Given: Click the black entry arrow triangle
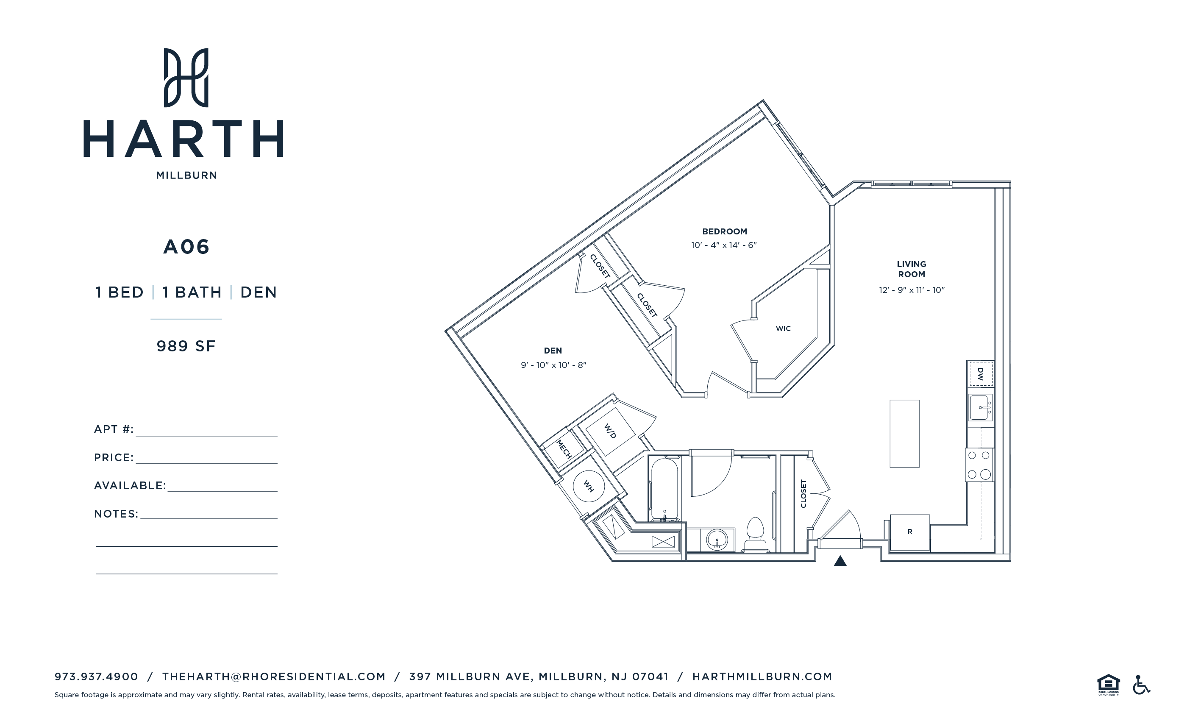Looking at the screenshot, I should (840, 561).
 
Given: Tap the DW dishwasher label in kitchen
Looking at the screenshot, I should (980, 373).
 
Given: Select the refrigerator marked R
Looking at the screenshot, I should (909, 532).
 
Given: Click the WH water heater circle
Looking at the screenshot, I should (588, 486).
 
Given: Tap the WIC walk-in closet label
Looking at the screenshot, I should (783, 328).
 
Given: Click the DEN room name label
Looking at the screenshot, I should (553, 351).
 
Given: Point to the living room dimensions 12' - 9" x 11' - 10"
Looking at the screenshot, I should (912, 290).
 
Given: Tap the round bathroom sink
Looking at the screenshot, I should (717, 539).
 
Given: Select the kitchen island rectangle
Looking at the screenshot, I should (904, 433).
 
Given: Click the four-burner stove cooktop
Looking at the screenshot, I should (979, 465).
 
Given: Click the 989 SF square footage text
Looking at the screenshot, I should (186, 346).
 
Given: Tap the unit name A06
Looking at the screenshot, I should (186, 247).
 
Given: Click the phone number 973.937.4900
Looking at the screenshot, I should (96, 676).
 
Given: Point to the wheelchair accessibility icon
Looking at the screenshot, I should (1141, 685).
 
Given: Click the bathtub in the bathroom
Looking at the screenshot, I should (664, 489).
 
